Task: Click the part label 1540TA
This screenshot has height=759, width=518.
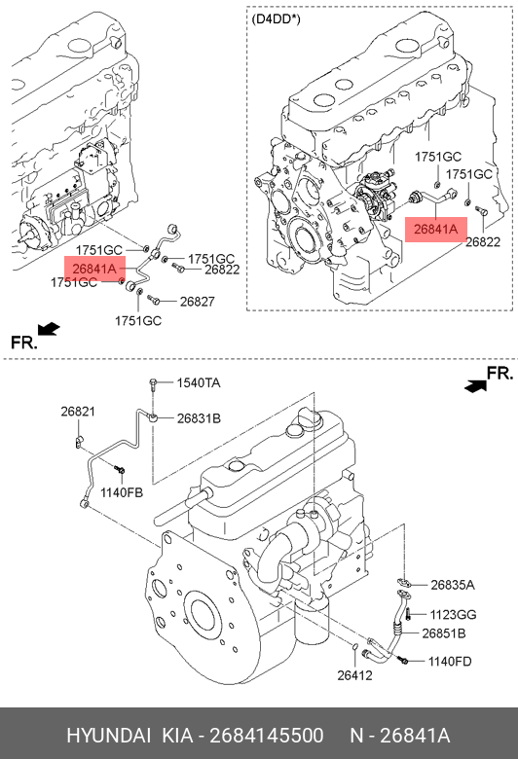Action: (199, 382)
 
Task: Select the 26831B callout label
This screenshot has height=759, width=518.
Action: (199, 417)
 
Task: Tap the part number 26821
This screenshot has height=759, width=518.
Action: (78, 412)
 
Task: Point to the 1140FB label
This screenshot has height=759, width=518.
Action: (122, 492)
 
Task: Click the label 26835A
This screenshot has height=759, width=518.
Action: (453, 585)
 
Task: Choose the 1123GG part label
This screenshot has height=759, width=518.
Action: (453, 614)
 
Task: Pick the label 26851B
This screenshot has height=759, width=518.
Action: (444, 633)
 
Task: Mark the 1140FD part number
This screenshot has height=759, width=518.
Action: (450, 662)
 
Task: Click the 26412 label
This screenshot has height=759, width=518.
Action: (354, 675)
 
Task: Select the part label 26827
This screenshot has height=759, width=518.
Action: (198, 302)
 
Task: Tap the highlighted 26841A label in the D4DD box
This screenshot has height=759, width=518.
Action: (435, 229)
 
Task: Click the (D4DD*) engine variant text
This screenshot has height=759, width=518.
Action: (276, 19)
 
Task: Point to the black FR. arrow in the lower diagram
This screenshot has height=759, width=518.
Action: (475, 385)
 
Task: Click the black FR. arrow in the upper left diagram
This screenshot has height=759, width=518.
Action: (49, 329)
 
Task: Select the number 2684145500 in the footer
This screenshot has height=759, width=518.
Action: (267, 736)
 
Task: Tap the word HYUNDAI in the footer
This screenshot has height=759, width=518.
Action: (108, 736)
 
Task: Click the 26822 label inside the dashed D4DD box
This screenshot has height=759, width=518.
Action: (483, 241)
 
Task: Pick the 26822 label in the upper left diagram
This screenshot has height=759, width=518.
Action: (222, 270)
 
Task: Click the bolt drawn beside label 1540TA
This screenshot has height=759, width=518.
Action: (153, 384)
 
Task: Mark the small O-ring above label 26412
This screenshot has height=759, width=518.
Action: (354, 647)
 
